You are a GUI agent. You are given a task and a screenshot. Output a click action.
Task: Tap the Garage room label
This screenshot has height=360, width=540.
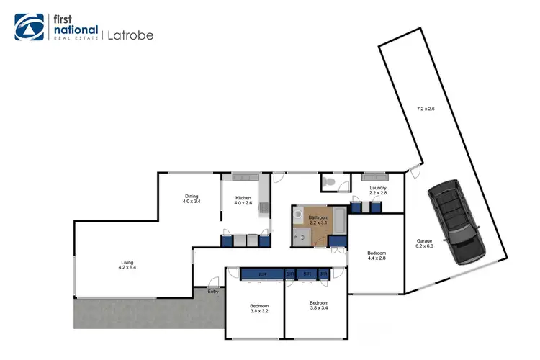pos(424,241)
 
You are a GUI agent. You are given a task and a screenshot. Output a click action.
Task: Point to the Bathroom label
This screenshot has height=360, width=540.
pos(318,217)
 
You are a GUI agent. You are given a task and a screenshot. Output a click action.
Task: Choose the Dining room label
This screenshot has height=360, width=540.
pos(191,197)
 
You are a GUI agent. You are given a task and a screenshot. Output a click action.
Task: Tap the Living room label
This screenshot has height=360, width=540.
pos(126,262)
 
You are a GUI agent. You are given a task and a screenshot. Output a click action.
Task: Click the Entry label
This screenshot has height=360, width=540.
pos(212,291)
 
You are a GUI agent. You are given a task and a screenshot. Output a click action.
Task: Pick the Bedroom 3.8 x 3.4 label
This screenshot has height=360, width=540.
pos(318,302)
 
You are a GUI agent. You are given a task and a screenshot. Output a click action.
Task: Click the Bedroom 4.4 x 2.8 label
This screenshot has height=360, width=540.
pos(377,253)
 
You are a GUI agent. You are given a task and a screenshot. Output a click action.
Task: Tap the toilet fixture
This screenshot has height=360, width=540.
pos(329,184)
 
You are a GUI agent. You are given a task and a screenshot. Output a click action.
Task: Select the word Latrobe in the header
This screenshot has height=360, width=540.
pos(130,34)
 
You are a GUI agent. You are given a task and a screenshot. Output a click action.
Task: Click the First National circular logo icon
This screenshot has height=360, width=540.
pos(28,27)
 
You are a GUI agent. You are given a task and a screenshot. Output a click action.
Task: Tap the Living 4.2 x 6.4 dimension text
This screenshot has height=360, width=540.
pos(126,268)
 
